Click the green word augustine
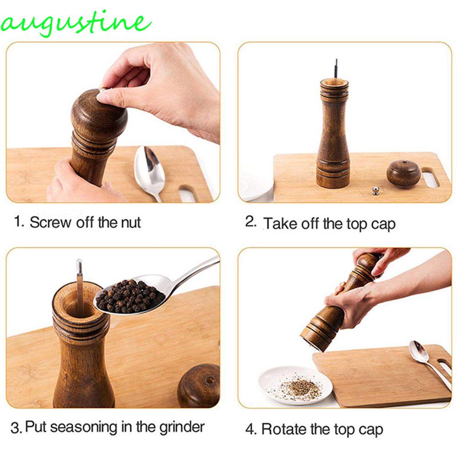click(76, 23)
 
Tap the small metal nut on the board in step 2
click(376, 191)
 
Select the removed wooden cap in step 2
click(404, 174)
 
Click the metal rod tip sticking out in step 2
click(336, 68)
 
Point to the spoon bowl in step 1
click(149, 166)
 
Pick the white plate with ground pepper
click(296, 385)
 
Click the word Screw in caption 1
click(50, 223)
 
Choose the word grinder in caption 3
click(182, 428)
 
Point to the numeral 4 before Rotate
click(250, 430)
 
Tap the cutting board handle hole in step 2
click(430, 178)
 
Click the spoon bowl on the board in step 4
click(419, 351)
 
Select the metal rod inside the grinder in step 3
click(80, 287)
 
